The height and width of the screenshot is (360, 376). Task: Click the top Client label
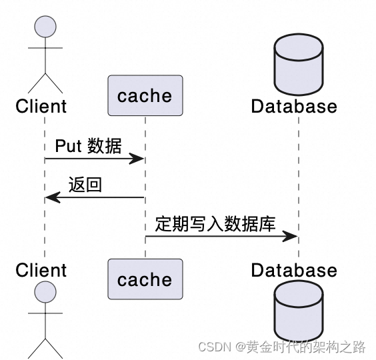pos(41,106)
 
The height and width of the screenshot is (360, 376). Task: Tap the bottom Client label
pos(41,270)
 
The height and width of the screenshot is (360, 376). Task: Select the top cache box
pos(145,96)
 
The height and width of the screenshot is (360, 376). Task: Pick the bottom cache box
pos(145,279)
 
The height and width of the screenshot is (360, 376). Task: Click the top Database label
pos(294,106)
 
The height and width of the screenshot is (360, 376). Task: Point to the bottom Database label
pos(294,270)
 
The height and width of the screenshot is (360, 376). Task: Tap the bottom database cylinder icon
pos(298,310)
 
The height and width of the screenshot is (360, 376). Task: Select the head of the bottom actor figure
pos(45,291)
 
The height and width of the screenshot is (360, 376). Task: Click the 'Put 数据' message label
pos(88,146)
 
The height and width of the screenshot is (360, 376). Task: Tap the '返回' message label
pos(85,185)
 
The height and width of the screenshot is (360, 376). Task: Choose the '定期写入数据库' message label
pos(215,223)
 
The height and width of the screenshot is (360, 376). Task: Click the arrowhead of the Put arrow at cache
pos(138,159)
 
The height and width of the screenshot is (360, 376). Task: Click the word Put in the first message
pos(67,146)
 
